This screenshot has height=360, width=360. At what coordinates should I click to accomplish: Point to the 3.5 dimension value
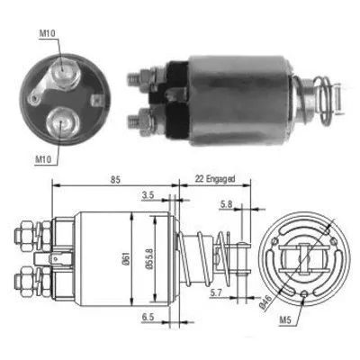click(147, 193)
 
